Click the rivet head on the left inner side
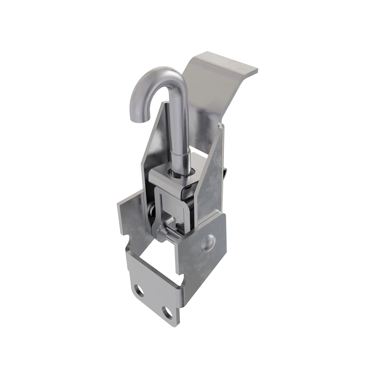[x=151, y=213]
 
